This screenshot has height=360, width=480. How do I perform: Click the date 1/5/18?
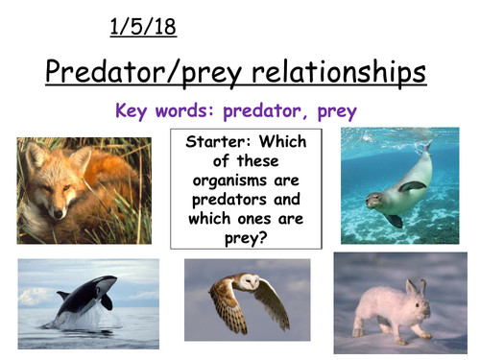pyautogui.click(x=144, y=28)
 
